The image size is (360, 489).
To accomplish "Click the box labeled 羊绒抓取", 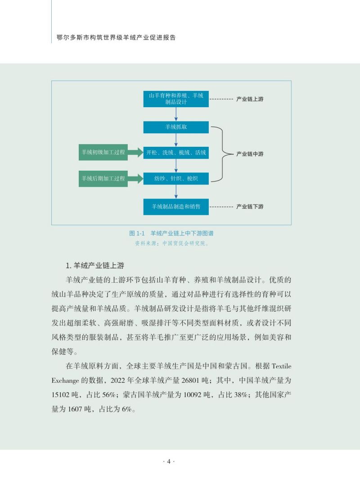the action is tap(176, 127).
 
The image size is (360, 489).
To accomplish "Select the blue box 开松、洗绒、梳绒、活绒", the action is tap(176, 153).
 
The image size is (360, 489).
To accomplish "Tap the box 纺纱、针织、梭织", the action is tap(176, 179).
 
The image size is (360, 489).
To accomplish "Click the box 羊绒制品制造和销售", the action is tap(176, 207).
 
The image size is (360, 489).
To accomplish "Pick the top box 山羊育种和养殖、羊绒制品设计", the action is tap(176, 99).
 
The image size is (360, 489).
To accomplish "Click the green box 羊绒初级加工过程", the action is tap(103, 153).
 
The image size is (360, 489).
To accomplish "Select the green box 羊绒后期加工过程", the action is tap(103, 179).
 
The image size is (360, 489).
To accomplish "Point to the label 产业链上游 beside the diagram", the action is tap(250, 99).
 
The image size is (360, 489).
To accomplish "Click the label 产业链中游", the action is tap(250, 154).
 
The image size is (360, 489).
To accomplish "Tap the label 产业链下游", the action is tap(250, 207).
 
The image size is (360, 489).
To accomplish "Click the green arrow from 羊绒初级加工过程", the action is tap(135, 153).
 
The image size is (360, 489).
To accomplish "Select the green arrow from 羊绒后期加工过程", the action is tap(135, 179).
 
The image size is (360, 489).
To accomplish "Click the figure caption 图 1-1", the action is tap(137, 233).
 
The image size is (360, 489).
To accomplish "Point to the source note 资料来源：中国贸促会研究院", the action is tap(171, 243).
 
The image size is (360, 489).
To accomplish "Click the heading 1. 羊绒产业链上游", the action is tap(95, 266).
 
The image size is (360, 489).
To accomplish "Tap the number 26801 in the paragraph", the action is tap(190, 380).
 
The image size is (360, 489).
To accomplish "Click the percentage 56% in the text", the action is tap(109, 395).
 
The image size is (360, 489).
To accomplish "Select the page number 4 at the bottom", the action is tap(169, 462).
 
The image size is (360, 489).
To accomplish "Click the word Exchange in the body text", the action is tap(65, 381).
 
